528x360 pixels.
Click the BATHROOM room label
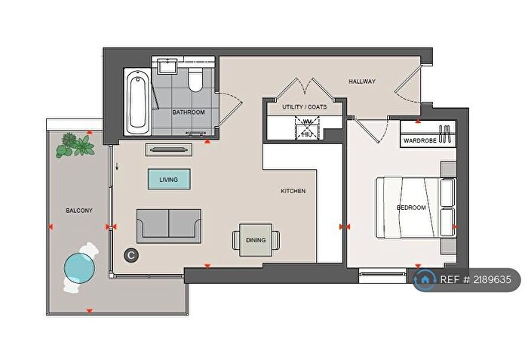[188, 112]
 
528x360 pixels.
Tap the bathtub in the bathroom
[137, 101]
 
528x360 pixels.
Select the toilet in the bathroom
[196, 78]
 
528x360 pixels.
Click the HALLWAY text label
[362, 82]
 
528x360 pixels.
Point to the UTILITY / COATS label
[304, 107]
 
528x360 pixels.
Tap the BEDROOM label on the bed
[412, 208]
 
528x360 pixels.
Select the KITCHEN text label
[293, 192]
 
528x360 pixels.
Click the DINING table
[256, 240]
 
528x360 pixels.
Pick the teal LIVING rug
[169, 180]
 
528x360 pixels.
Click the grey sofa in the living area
[168, 226]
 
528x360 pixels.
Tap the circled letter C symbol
[130, 256]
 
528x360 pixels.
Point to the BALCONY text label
[79, 211]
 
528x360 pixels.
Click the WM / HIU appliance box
[307, 128]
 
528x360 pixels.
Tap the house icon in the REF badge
[425, 280]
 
